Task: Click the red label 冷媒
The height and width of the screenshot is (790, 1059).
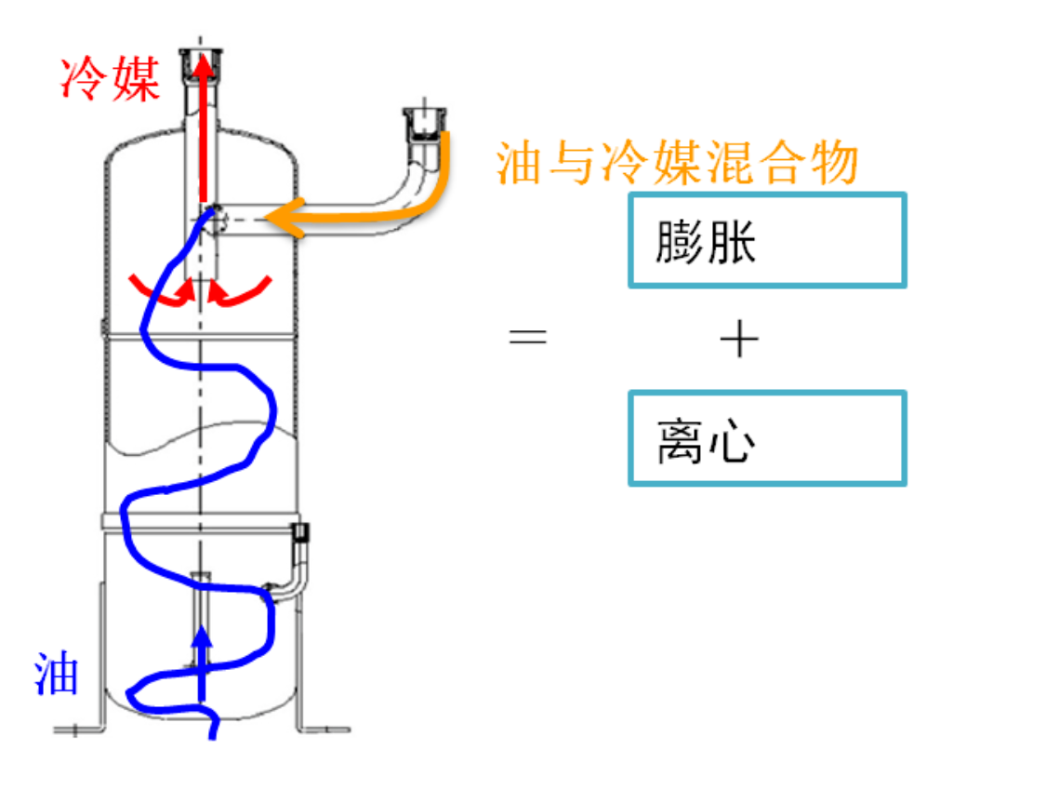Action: point(111,78)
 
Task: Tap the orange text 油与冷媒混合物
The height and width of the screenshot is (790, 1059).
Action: point(677,165)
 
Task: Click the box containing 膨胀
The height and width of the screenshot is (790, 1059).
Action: point(767,240)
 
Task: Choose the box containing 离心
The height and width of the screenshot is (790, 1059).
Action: point(767,438)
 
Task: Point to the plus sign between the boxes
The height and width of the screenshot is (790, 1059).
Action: point(739,341)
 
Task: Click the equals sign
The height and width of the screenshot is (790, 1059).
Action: point(528,336)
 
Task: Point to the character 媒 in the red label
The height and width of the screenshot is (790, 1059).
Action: point(136,78)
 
